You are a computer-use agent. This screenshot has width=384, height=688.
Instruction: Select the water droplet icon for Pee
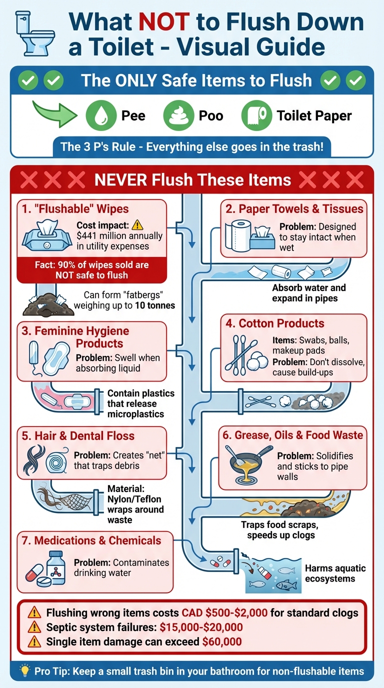point(100,116)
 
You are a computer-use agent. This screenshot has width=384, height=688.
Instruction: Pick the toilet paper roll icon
point(256,116)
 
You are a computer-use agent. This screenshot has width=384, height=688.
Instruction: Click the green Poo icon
point(178,116)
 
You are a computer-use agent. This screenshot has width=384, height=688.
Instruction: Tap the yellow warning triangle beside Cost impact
point(137,225)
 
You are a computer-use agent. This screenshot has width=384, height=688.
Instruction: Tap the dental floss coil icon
point(55,461)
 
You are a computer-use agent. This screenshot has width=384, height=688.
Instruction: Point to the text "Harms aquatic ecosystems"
point(335,573)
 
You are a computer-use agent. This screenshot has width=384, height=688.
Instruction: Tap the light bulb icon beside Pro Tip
point(23,671)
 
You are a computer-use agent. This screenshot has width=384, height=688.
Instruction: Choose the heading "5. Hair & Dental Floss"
point(78,435)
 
